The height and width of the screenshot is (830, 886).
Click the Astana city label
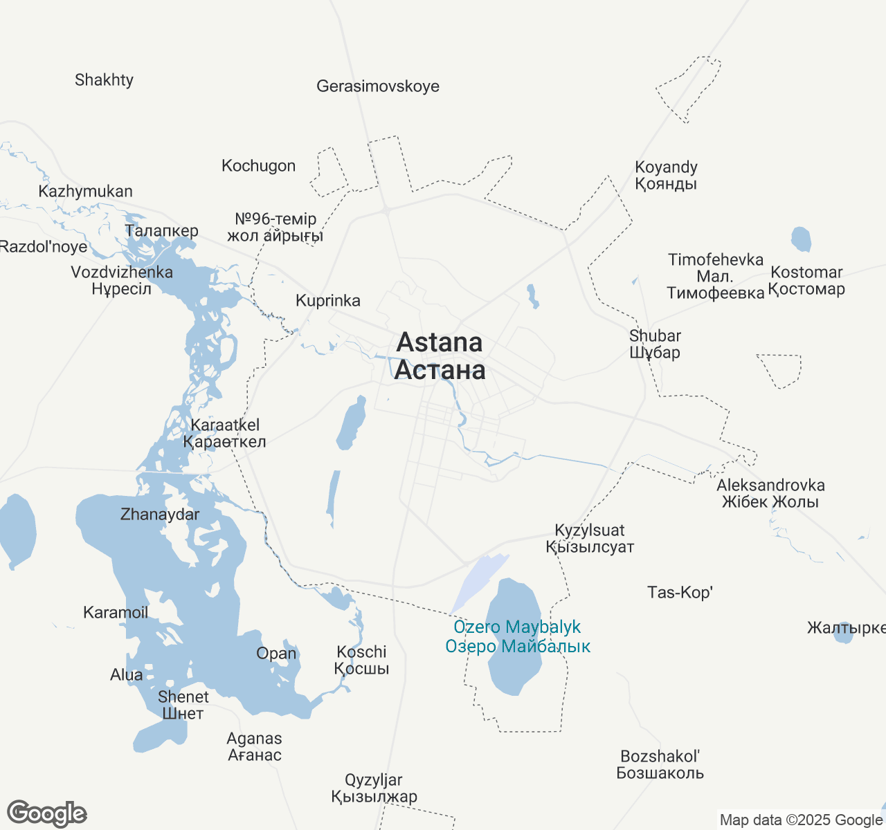440,356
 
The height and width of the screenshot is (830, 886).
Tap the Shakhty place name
104,80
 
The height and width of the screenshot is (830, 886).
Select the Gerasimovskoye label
378,86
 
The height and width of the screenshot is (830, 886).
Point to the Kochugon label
258,166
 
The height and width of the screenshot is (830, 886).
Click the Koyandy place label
666,176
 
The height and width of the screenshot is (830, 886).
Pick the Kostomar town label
806,281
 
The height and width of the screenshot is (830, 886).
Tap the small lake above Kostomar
801,239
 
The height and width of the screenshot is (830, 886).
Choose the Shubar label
655,344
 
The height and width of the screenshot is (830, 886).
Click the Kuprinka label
328,301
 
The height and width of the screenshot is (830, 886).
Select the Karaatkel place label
225,433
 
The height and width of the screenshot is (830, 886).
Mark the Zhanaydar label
160,515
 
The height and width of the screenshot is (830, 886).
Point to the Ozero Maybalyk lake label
518,637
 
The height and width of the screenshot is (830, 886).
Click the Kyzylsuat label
590,539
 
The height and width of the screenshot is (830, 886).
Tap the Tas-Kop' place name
680,593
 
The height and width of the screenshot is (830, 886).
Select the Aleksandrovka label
770,493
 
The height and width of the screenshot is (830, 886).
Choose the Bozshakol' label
660,764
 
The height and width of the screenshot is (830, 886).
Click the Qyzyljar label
374,788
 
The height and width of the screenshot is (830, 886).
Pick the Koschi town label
361,661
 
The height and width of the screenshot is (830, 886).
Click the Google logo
47,813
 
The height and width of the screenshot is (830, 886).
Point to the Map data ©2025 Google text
801,820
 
